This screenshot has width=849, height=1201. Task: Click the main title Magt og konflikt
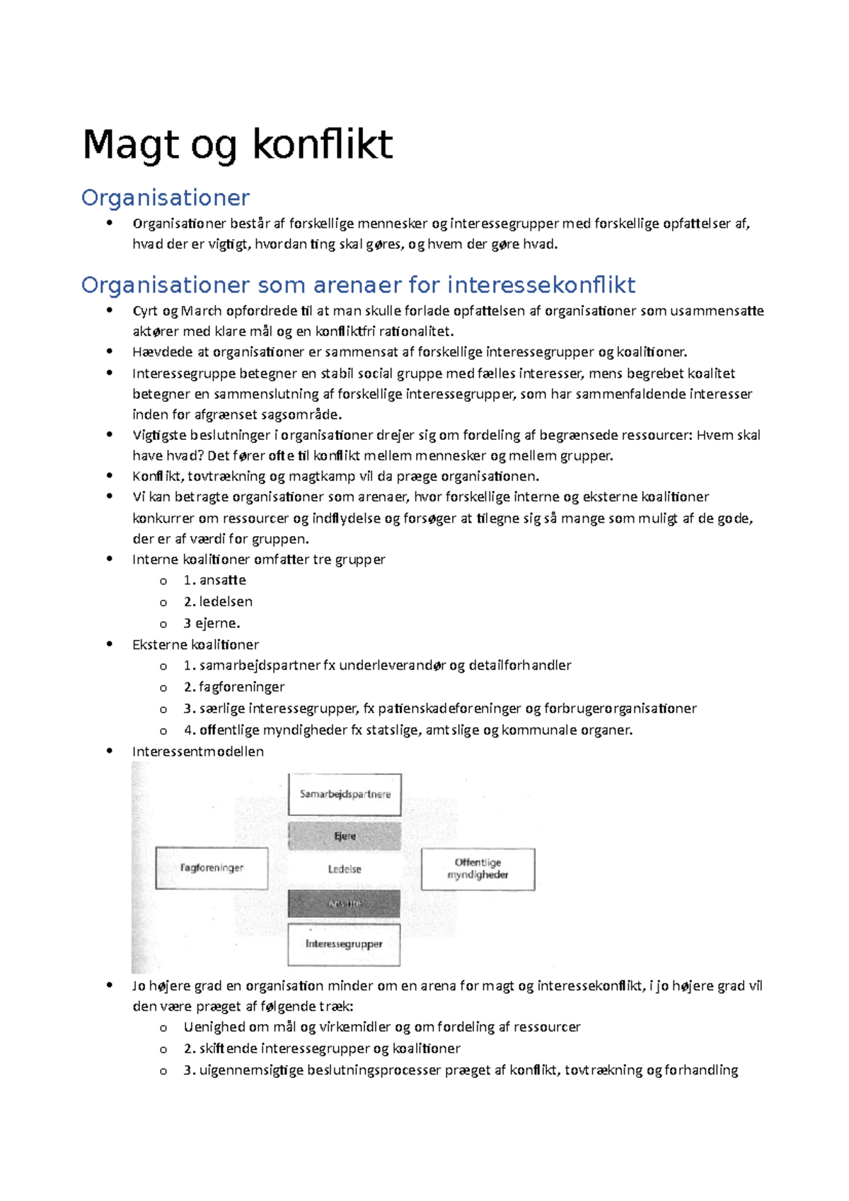click(237, 145)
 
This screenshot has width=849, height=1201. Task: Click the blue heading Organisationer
click(165, 197)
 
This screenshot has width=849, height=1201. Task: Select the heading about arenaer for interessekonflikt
click(358, 285)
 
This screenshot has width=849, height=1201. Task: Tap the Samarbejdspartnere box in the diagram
click(345, 794)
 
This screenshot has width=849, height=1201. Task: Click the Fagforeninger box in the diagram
click(212, 868)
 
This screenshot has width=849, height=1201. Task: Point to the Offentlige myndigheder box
click(478, 869)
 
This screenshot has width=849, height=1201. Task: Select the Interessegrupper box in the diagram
click(344, 944)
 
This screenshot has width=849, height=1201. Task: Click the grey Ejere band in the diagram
click(345, 836)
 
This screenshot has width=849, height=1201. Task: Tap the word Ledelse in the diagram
click(345, 869)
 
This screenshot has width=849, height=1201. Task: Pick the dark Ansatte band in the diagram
click(345, 904)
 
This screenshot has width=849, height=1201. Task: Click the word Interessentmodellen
click(197, 752)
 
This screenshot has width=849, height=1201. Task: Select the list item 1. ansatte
click(214, 581)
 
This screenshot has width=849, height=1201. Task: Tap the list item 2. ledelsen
click(218, 602)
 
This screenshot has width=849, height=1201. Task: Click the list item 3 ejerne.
click(212, 624)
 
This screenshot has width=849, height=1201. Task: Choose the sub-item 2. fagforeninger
click(234, 687)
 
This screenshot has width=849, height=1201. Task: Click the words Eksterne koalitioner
click(195, 645)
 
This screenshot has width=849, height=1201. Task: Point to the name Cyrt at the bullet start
click(144, 311)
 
